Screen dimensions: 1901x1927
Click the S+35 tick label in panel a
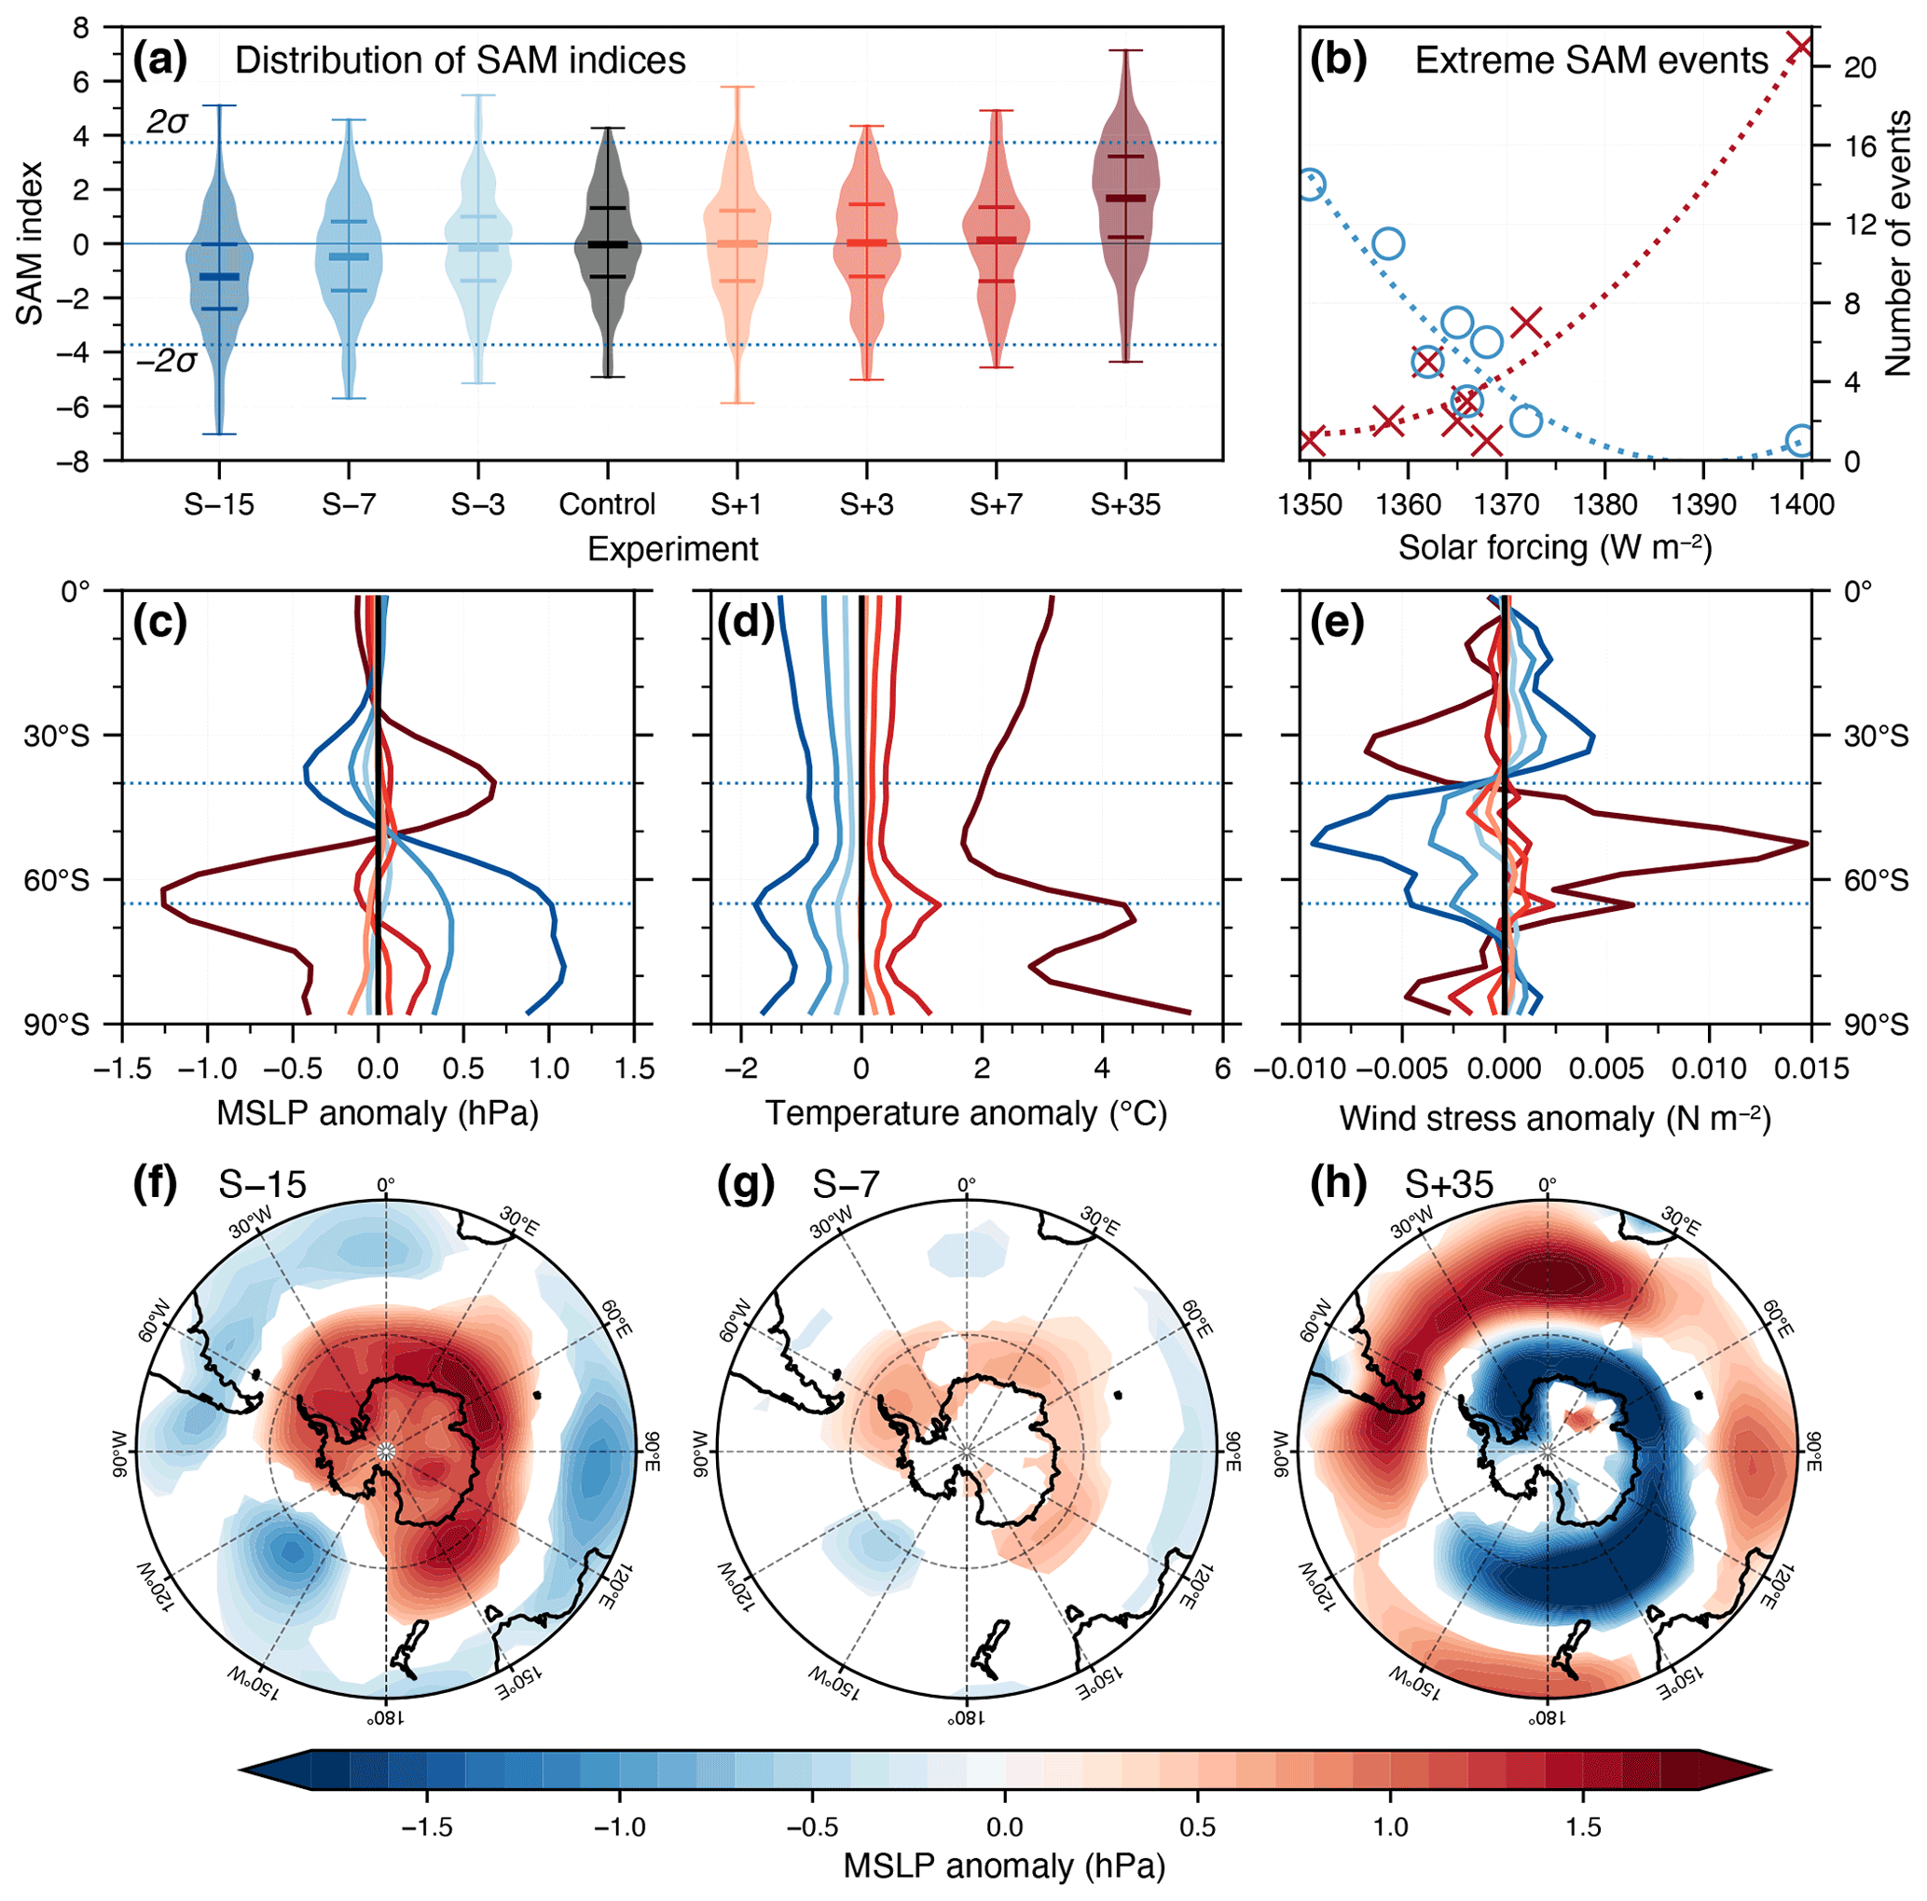click(x=1125, y=504)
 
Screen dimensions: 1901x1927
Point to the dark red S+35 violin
click(x=1125, y=200)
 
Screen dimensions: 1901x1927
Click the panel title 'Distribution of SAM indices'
click(x=460, y=61)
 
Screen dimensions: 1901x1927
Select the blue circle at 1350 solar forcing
click(x=1311, y=185)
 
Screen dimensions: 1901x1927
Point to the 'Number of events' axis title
click(x=1898, y=244)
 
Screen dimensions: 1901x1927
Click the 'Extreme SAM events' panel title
click(x=1590, y=61)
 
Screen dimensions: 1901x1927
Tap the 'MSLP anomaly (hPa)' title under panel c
click(x=377, y=1114)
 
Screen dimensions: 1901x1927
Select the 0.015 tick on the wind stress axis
click(x=1810, y=1069)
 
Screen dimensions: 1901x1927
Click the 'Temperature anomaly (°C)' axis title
click(x=966, y=1114)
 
